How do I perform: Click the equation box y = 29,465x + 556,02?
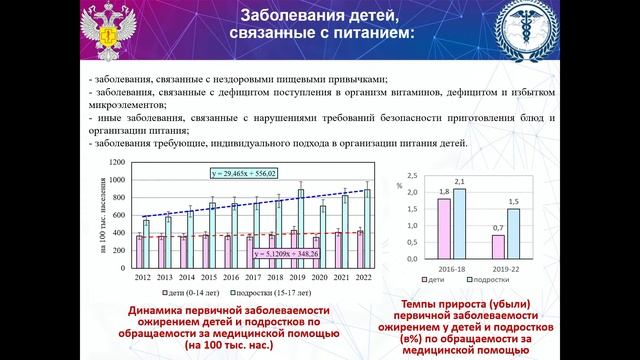tap(245, 174)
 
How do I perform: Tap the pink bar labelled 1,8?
tap(444, 228)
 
